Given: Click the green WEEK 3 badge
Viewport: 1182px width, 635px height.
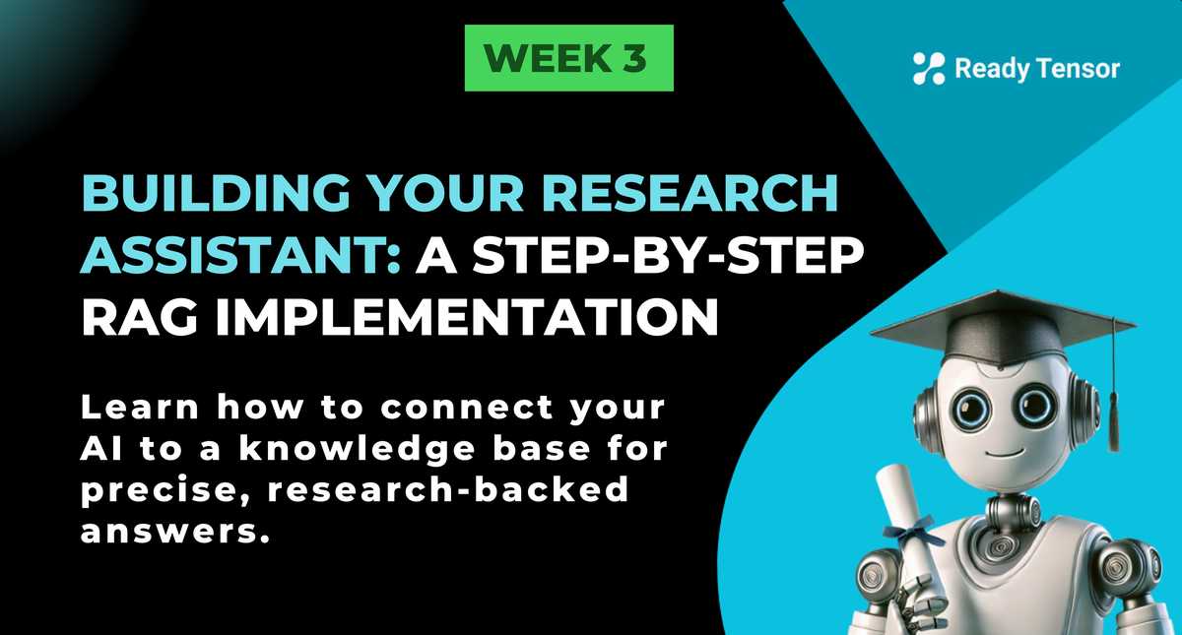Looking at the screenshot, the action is click(569, 58).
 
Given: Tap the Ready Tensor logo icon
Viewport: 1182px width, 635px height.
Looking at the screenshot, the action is click(929, 69).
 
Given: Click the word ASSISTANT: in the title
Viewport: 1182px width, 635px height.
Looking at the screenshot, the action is click(241, 255).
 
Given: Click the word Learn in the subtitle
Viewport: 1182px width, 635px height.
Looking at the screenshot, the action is click(140, 408).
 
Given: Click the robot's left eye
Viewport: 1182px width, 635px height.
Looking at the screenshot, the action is click(971, 409).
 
